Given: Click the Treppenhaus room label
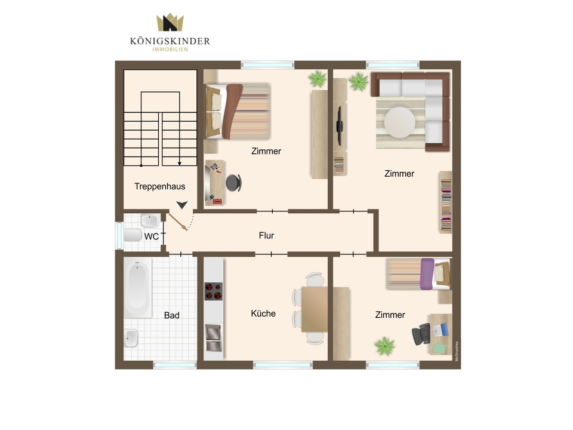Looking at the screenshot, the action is (x=160, y=186).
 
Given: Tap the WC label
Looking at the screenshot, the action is (x=151, y=236).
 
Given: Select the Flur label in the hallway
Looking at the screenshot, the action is (x=266, y=235).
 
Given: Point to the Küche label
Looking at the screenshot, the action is (x=263, y=314).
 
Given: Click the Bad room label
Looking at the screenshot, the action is (x=172, y=315).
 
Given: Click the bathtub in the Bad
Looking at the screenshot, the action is (x=138, y=288).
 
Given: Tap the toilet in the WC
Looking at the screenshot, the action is (x=133, y=235).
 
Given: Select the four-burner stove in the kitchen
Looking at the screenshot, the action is (x=214, y=291).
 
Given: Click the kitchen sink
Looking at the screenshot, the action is (x=214, y=333).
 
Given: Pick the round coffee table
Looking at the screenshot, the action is (x=400, y=122).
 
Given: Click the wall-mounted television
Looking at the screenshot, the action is (x=340, y=126).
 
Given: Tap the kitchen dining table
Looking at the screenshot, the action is (x=315, y=309).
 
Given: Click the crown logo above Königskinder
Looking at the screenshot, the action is (x=170, y=22).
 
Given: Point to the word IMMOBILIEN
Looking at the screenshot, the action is (x=170, y=50).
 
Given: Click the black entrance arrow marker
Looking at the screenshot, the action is (x=182, y=205).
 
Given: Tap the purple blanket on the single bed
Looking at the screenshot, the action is (x=427, y=274).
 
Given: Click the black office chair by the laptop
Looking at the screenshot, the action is (x=421, y=334).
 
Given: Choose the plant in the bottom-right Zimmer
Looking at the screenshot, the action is (x=384, y=346).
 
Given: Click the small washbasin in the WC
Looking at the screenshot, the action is (x=150, y=220).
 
